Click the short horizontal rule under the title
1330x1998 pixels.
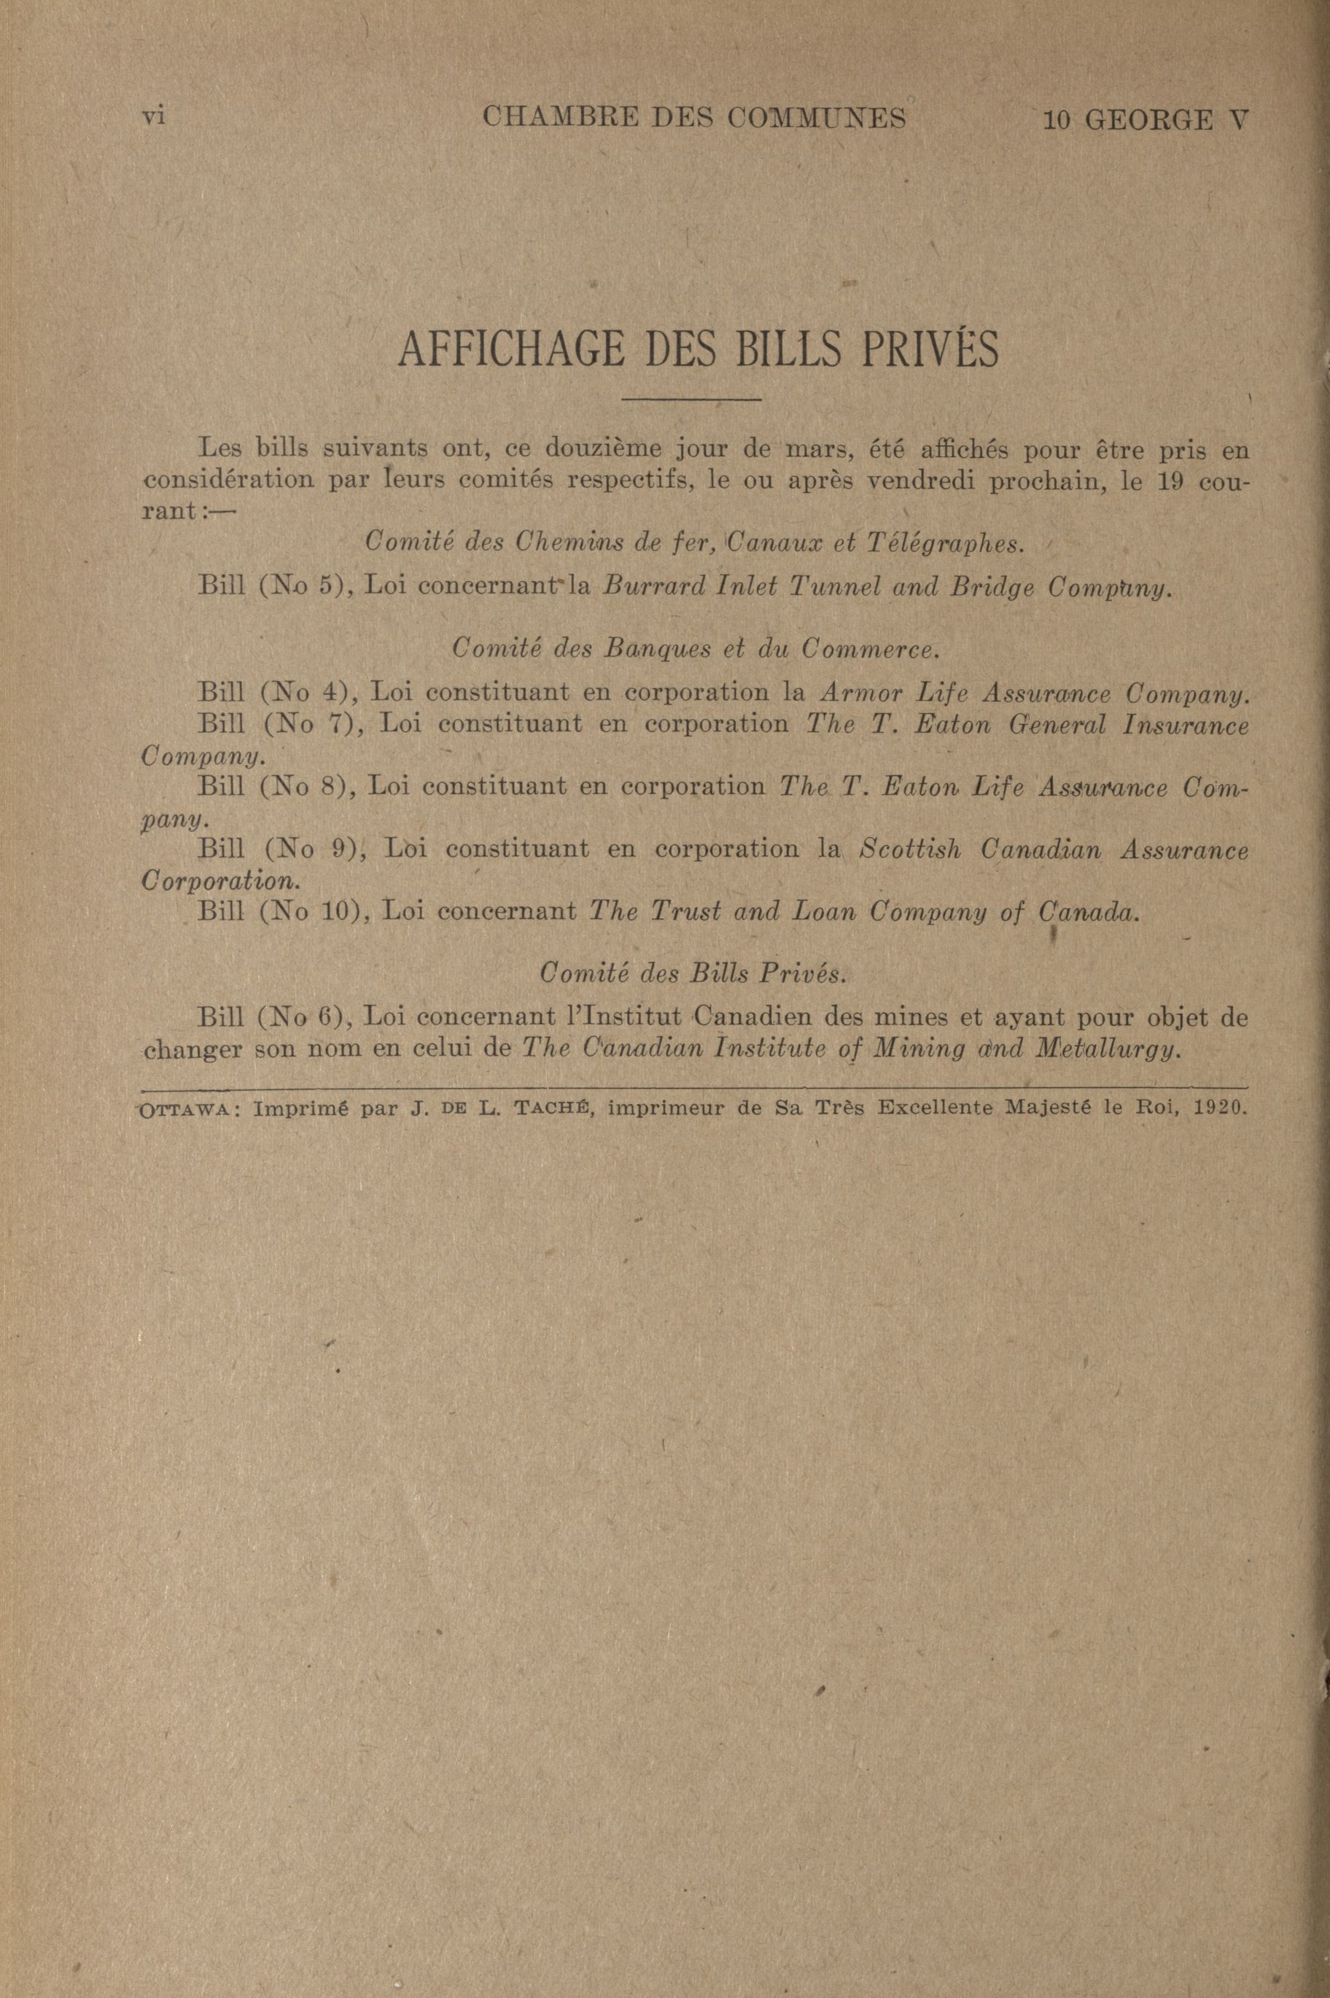tap(691, 399)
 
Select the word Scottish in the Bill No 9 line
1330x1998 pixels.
tap(909, 850)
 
